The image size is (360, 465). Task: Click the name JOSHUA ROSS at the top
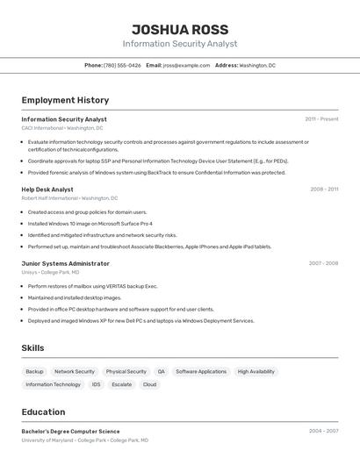tap(180, 30)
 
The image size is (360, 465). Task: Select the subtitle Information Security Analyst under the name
tap(180, 44)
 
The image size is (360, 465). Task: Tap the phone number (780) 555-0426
tap(122, 65)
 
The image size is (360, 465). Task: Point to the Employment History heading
tap(65, 100)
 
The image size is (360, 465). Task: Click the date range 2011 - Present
tap(321, 119)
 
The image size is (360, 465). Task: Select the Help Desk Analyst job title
tap(47, 190)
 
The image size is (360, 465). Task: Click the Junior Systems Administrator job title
tap(65, 263)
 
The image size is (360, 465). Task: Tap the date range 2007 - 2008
tap(323, 263)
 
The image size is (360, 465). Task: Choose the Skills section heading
tap(32, 348)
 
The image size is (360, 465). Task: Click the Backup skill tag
tap(34, 372)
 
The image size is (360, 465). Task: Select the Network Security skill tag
tap(75, 372)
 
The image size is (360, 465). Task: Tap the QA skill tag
tap(161, 372)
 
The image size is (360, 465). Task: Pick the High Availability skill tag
tap(256, 372)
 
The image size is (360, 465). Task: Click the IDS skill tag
tap(96, 384)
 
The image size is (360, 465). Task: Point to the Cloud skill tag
tap(149, 384)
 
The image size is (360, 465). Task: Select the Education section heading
tap(43, 411)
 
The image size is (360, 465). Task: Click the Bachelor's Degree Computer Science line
tap(70, 432)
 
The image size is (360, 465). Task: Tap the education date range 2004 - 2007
tap(323, 432)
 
